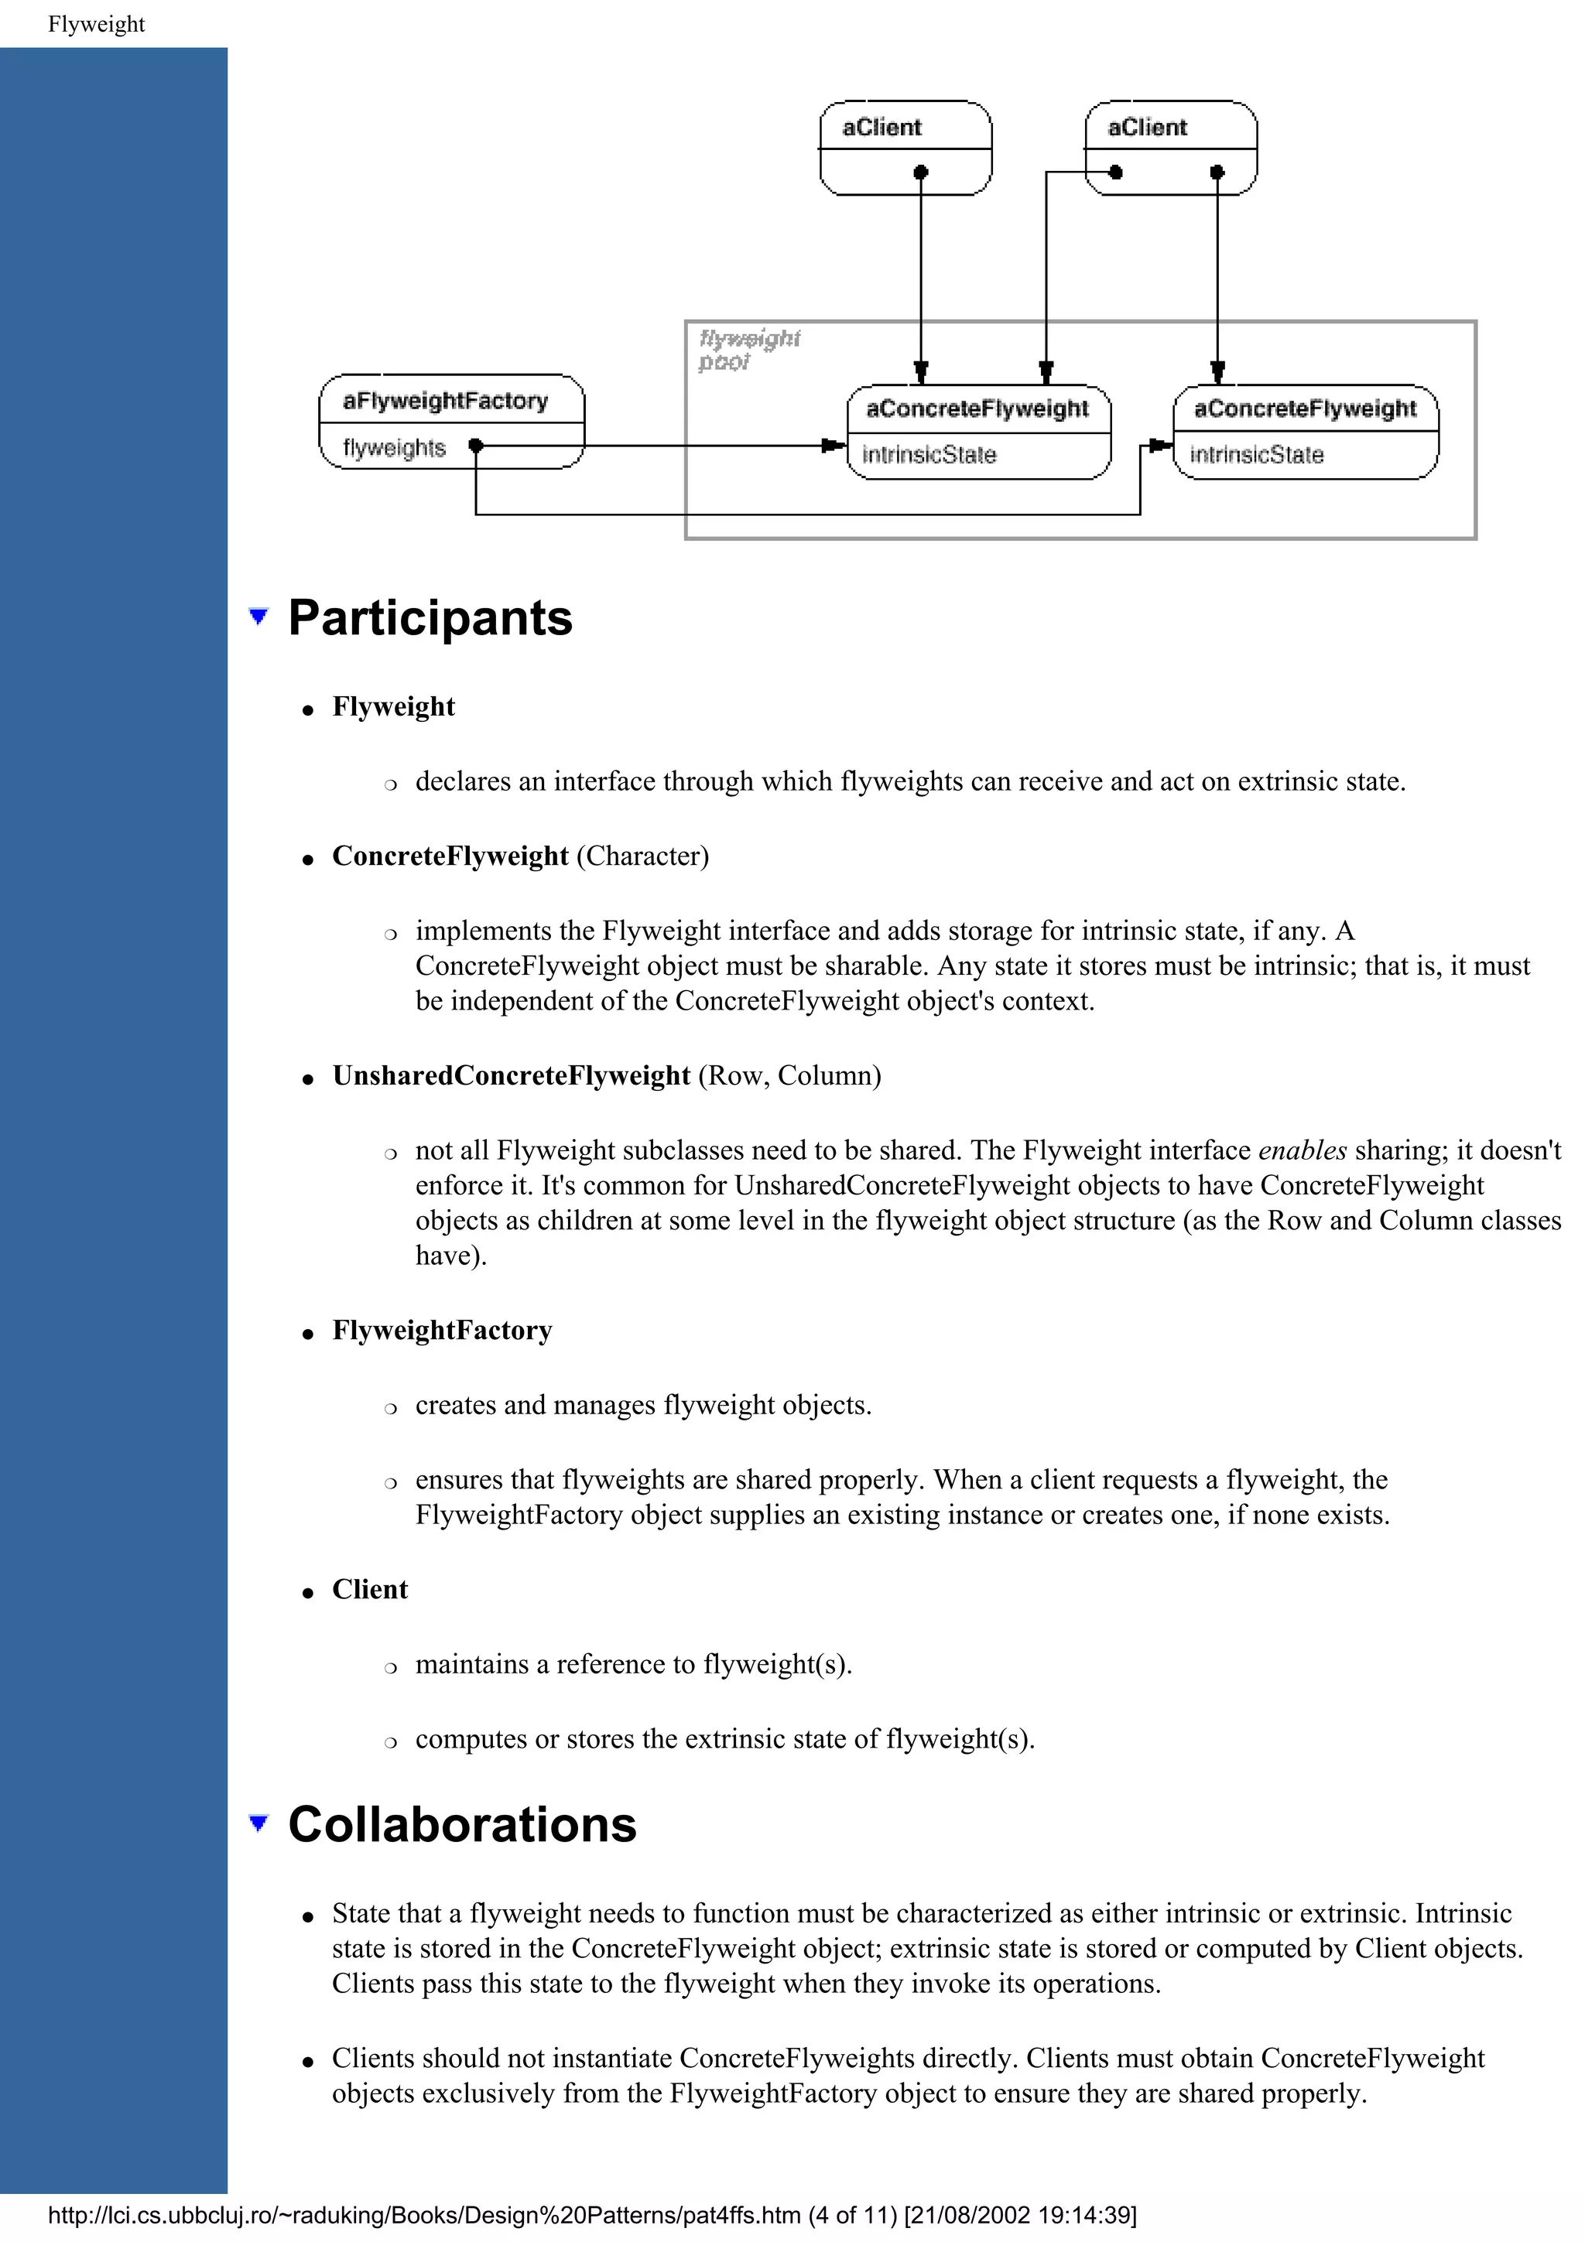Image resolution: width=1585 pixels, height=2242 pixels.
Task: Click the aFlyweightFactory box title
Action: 445,401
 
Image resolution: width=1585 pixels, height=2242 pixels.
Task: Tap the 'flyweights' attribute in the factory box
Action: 394,447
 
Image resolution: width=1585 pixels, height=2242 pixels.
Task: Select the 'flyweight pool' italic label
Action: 748,350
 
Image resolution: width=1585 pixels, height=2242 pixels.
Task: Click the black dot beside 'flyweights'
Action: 476,446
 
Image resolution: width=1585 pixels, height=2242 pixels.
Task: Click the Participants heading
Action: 430,618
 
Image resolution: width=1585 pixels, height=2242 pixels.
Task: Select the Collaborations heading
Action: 462,1824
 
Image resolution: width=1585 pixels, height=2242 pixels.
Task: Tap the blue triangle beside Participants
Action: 258,616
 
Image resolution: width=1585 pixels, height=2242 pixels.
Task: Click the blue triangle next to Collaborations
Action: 258,1822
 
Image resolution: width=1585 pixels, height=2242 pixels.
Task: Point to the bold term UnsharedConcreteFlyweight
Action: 511,1075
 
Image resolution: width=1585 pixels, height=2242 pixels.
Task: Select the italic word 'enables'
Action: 1303,1150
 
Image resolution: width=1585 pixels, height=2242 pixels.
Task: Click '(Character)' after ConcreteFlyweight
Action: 642,856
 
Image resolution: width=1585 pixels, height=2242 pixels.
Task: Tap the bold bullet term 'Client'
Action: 369,1590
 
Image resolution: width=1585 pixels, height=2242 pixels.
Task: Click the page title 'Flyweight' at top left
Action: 96,25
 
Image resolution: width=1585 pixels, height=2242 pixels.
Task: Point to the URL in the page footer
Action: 424,2215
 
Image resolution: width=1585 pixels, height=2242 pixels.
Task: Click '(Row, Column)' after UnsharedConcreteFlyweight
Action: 789,1075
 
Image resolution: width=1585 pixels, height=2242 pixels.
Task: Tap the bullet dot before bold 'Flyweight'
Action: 307,711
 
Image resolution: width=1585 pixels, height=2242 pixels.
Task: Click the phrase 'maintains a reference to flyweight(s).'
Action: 633,1664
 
